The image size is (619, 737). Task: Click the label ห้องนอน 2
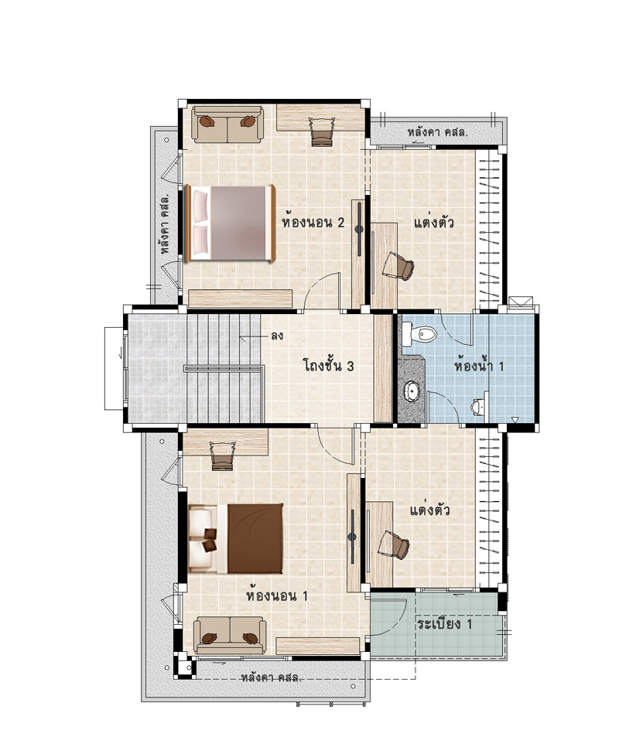(x=313, y=222)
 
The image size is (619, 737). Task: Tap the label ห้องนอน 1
(x=277, y=595)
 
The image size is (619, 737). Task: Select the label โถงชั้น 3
(x=329, y=365)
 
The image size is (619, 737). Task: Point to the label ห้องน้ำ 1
(x=479, y=365)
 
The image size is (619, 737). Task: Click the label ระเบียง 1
(x=444, y=624)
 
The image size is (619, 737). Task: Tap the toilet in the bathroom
(x=419, y=334)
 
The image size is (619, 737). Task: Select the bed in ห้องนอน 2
(x=230, y=223)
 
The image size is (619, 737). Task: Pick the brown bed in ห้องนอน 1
(x=236, y=539)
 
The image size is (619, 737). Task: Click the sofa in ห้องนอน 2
(x=227, y=124)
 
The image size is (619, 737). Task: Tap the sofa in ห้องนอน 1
(x=230, y=635)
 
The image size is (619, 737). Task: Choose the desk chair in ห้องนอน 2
(x=322, y=131)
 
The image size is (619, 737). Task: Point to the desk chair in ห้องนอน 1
(x=222, y=456)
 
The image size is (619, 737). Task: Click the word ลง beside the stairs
(x=277, y=336)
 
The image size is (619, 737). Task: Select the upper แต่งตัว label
(x=433, y=222)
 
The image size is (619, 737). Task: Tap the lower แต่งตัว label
(x=430, y=510)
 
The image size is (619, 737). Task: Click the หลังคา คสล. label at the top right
(x=437, y=132)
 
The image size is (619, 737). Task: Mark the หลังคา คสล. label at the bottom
(x=271, y=677)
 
